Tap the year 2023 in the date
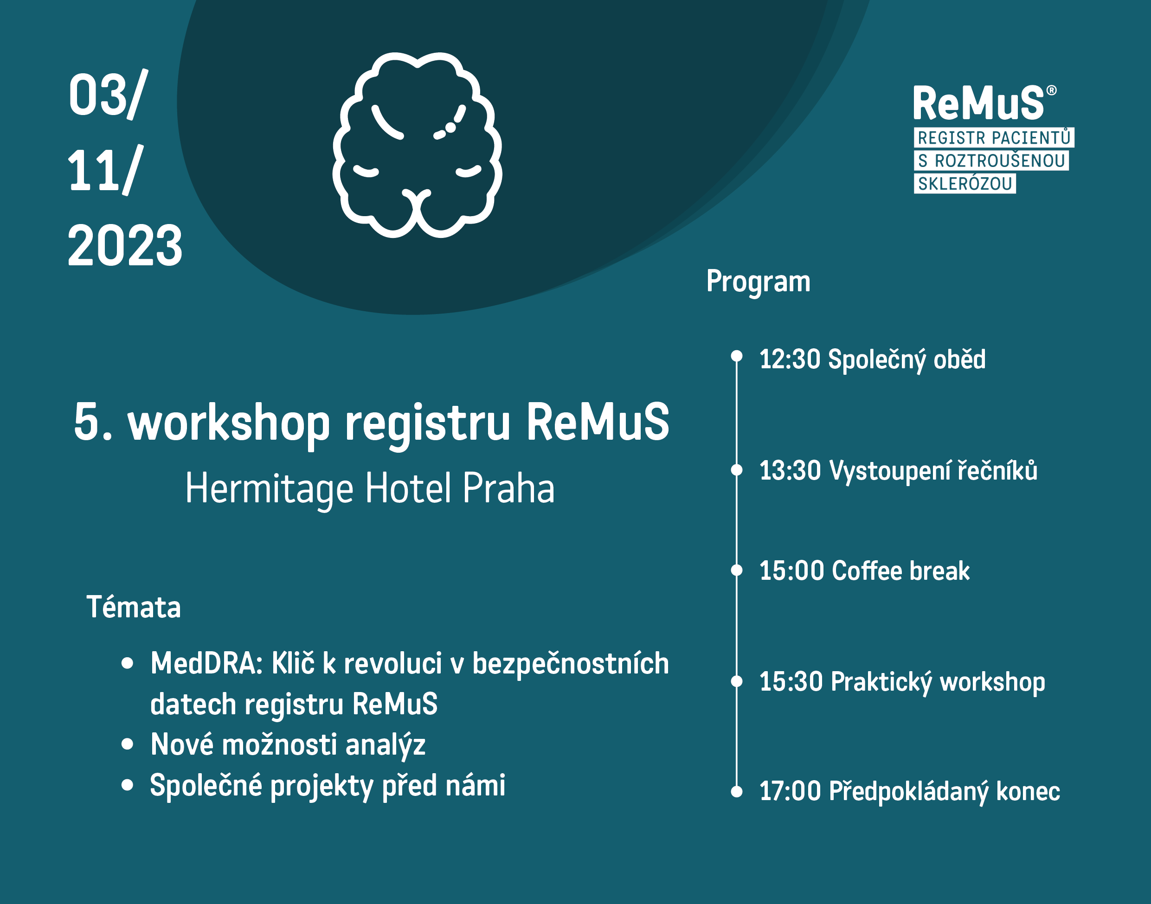[x=125, y=245]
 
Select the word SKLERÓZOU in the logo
[x=965, y=184]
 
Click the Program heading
[x=758, y=282]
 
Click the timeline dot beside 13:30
[x=736, y=469]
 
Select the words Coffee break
[x=900, y=571]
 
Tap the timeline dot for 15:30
[x=736, y=681]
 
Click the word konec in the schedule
[x=1028, y=791]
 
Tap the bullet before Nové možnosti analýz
[x=127, y=744]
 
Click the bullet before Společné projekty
[x=127, y=785]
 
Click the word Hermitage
[x=270, y=488]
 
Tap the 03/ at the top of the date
[x=108, y=95]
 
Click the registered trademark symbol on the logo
[x=1051, y=90]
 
